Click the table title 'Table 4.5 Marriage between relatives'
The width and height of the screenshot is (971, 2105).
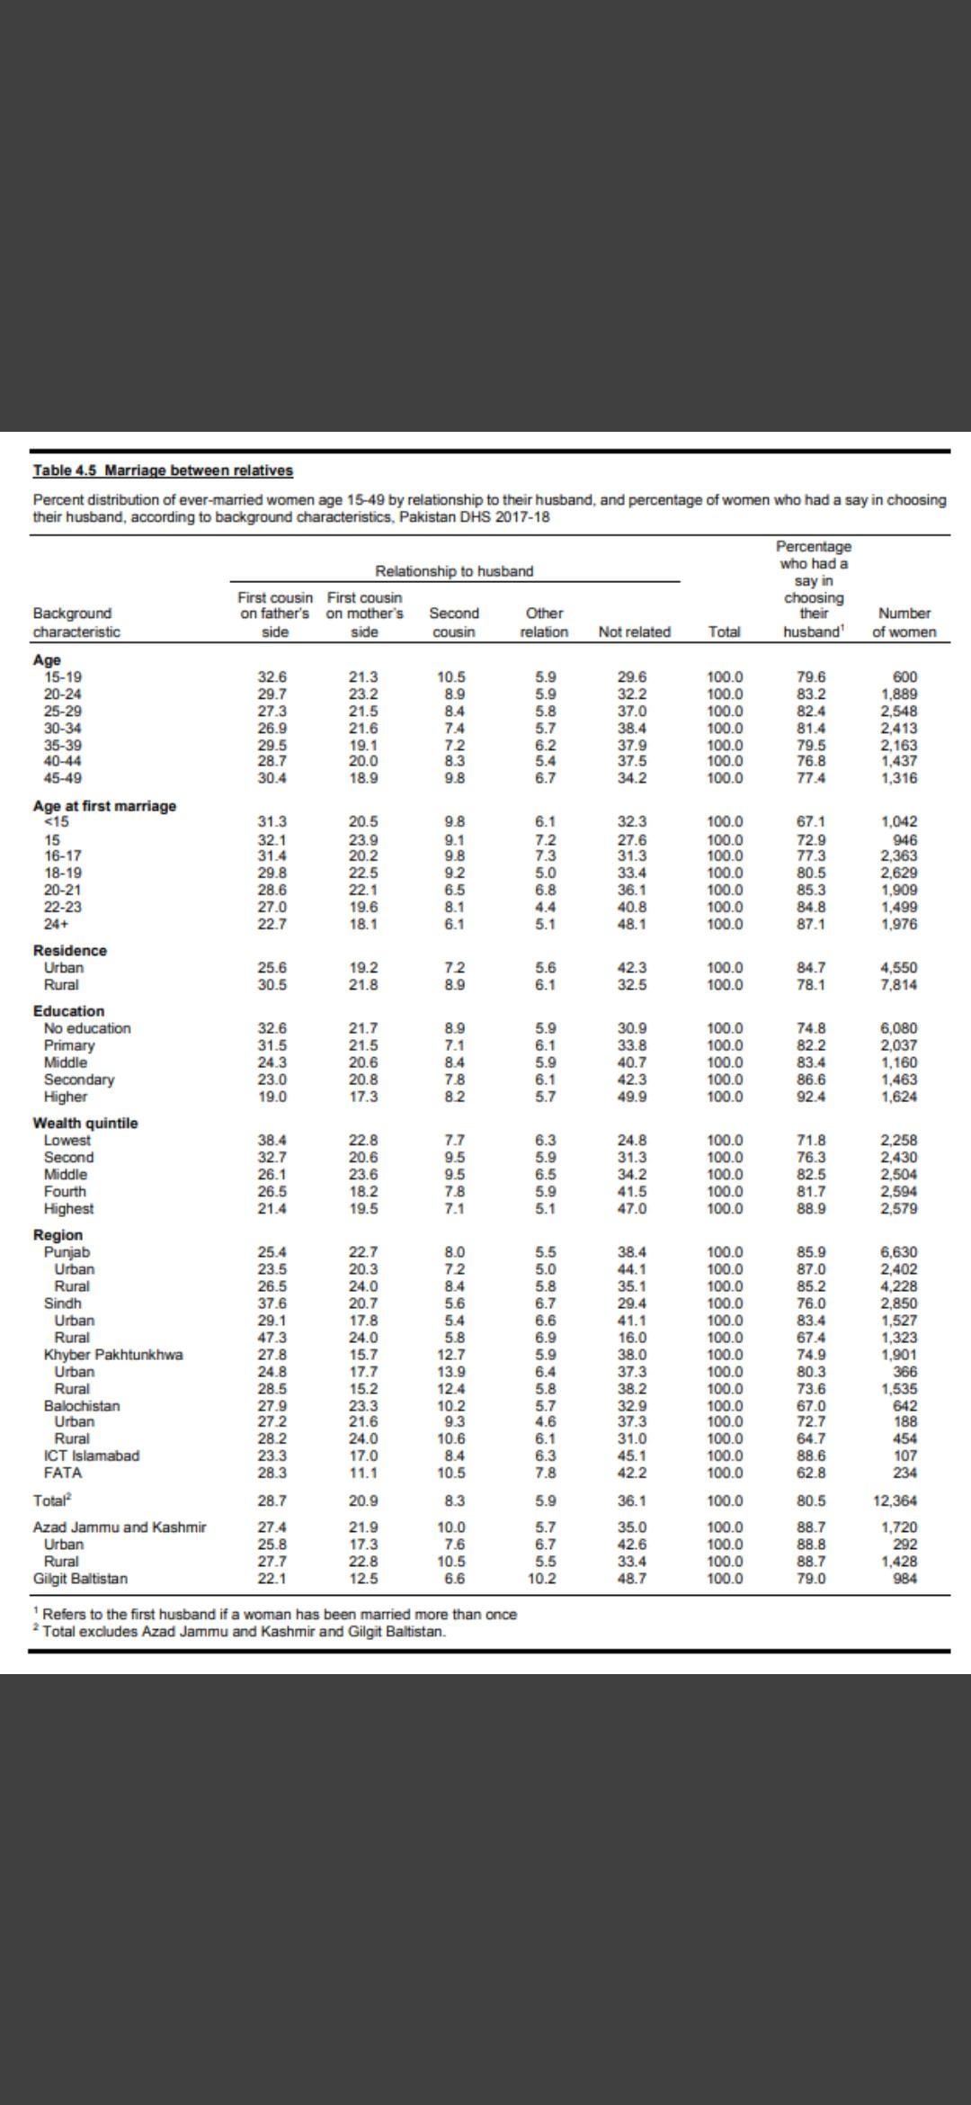163,470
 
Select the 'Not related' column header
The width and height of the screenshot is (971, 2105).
634,631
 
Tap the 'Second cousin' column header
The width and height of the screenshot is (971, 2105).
454,623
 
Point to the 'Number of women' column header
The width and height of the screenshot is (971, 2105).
904,623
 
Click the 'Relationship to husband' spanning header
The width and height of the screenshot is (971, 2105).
454,571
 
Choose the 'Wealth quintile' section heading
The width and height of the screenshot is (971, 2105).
85,1123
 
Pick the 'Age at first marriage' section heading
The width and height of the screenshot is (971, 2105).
104,806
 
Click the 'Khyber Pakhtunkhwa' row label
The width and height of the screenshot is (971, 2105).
113,1355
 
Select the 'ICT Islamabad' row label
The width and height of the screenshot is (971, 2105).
92,1456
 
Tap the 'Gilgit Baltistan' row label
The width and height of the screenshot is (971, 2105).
80,1579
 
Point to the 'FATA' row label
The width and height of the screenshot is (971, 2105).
63,1473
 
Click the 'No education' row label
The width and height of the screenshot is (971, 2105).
87,1028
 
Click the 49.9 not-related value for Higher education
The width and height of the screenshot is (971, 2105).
633,1097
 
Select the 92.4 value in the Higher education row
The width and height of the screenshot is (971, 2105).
811,1097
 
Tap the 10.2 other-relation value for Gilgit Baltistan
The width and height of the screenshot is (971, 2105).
541,1579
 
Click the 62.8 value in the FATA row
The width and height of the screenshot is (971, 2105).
811,1473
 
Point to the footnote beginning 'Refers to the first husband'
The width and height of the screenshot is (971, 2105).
279,1614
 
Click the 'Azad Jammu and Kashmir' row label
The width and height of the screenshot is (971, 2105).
120,1527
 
